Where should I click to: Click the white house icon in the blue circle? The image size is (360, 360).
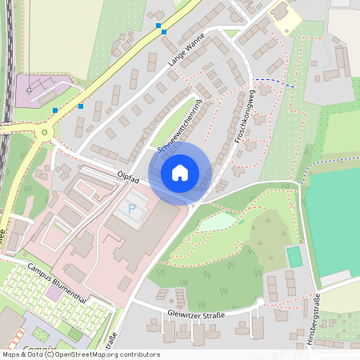(x=180, y=172)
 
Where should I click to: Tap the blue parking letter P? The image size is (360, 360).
(x=132, y=209)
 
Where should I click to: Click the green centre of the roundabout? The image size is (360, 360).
(x=45, y=133)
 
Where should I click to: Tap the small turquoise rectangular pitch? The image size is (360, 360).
(x=295, y=257)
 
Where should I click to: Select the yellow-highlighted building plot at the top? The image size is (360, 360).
(x=284, y=20)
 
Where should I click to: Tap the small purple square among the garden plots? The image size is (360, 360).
(x=53, y=293)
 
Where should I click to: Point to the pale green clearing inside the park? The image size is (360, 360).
(x=218, y=222)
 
